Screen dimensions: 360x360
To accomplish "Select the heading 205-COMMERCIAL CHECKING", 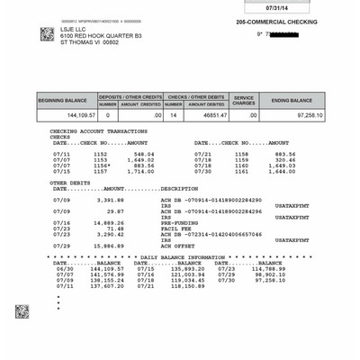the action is tap(275, 22).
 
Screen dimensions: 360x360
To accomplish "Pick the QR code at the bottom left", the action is tap(22, 311).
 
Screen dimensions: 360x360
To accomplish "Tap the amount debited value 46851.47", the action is tap(206, 115).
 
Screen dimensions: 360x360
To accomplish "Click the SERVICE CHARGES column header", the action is tap(244, 101).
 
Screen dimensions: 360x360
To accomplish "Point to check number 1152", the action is tap(100, 154).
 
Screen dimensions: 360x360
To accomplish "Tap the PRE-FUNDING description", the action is tap(178, 221).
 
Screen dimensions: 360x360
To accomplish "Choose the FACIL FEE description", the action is tap(175, 228).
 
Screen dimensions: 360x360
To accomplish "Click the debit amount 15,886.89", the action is tap(107, 245).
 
